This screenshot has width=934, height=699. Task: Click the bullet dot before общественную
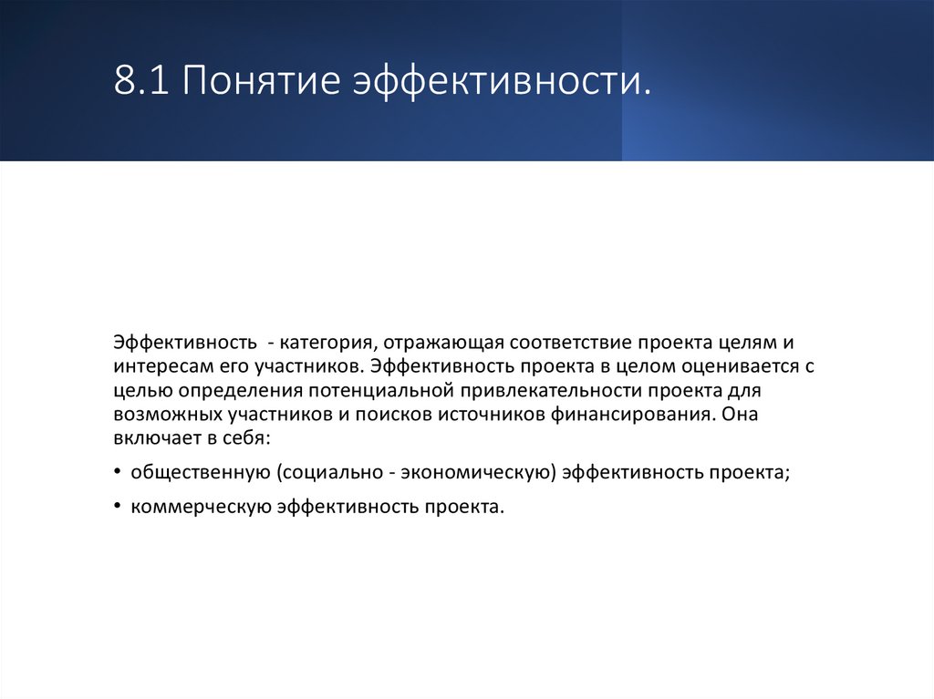click(x=119, y=472)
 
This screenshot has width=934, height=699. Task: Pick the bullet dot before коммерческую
click(x=119, y=507)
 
